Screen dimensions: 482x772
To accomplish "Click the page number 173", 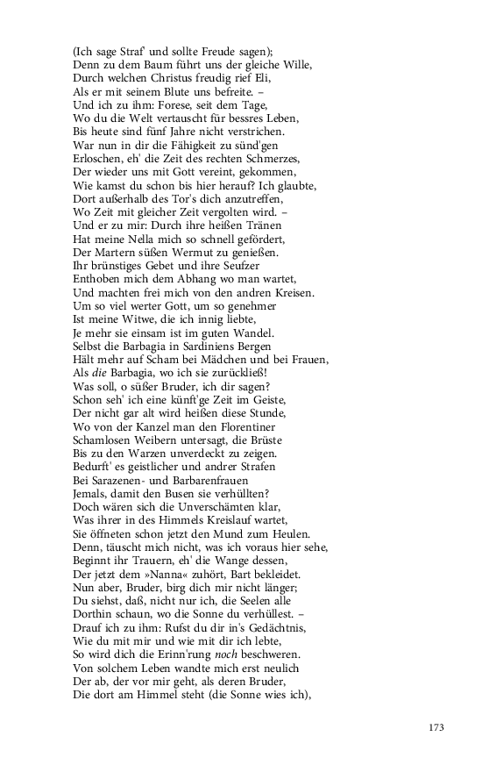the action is tap(437, 727).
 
